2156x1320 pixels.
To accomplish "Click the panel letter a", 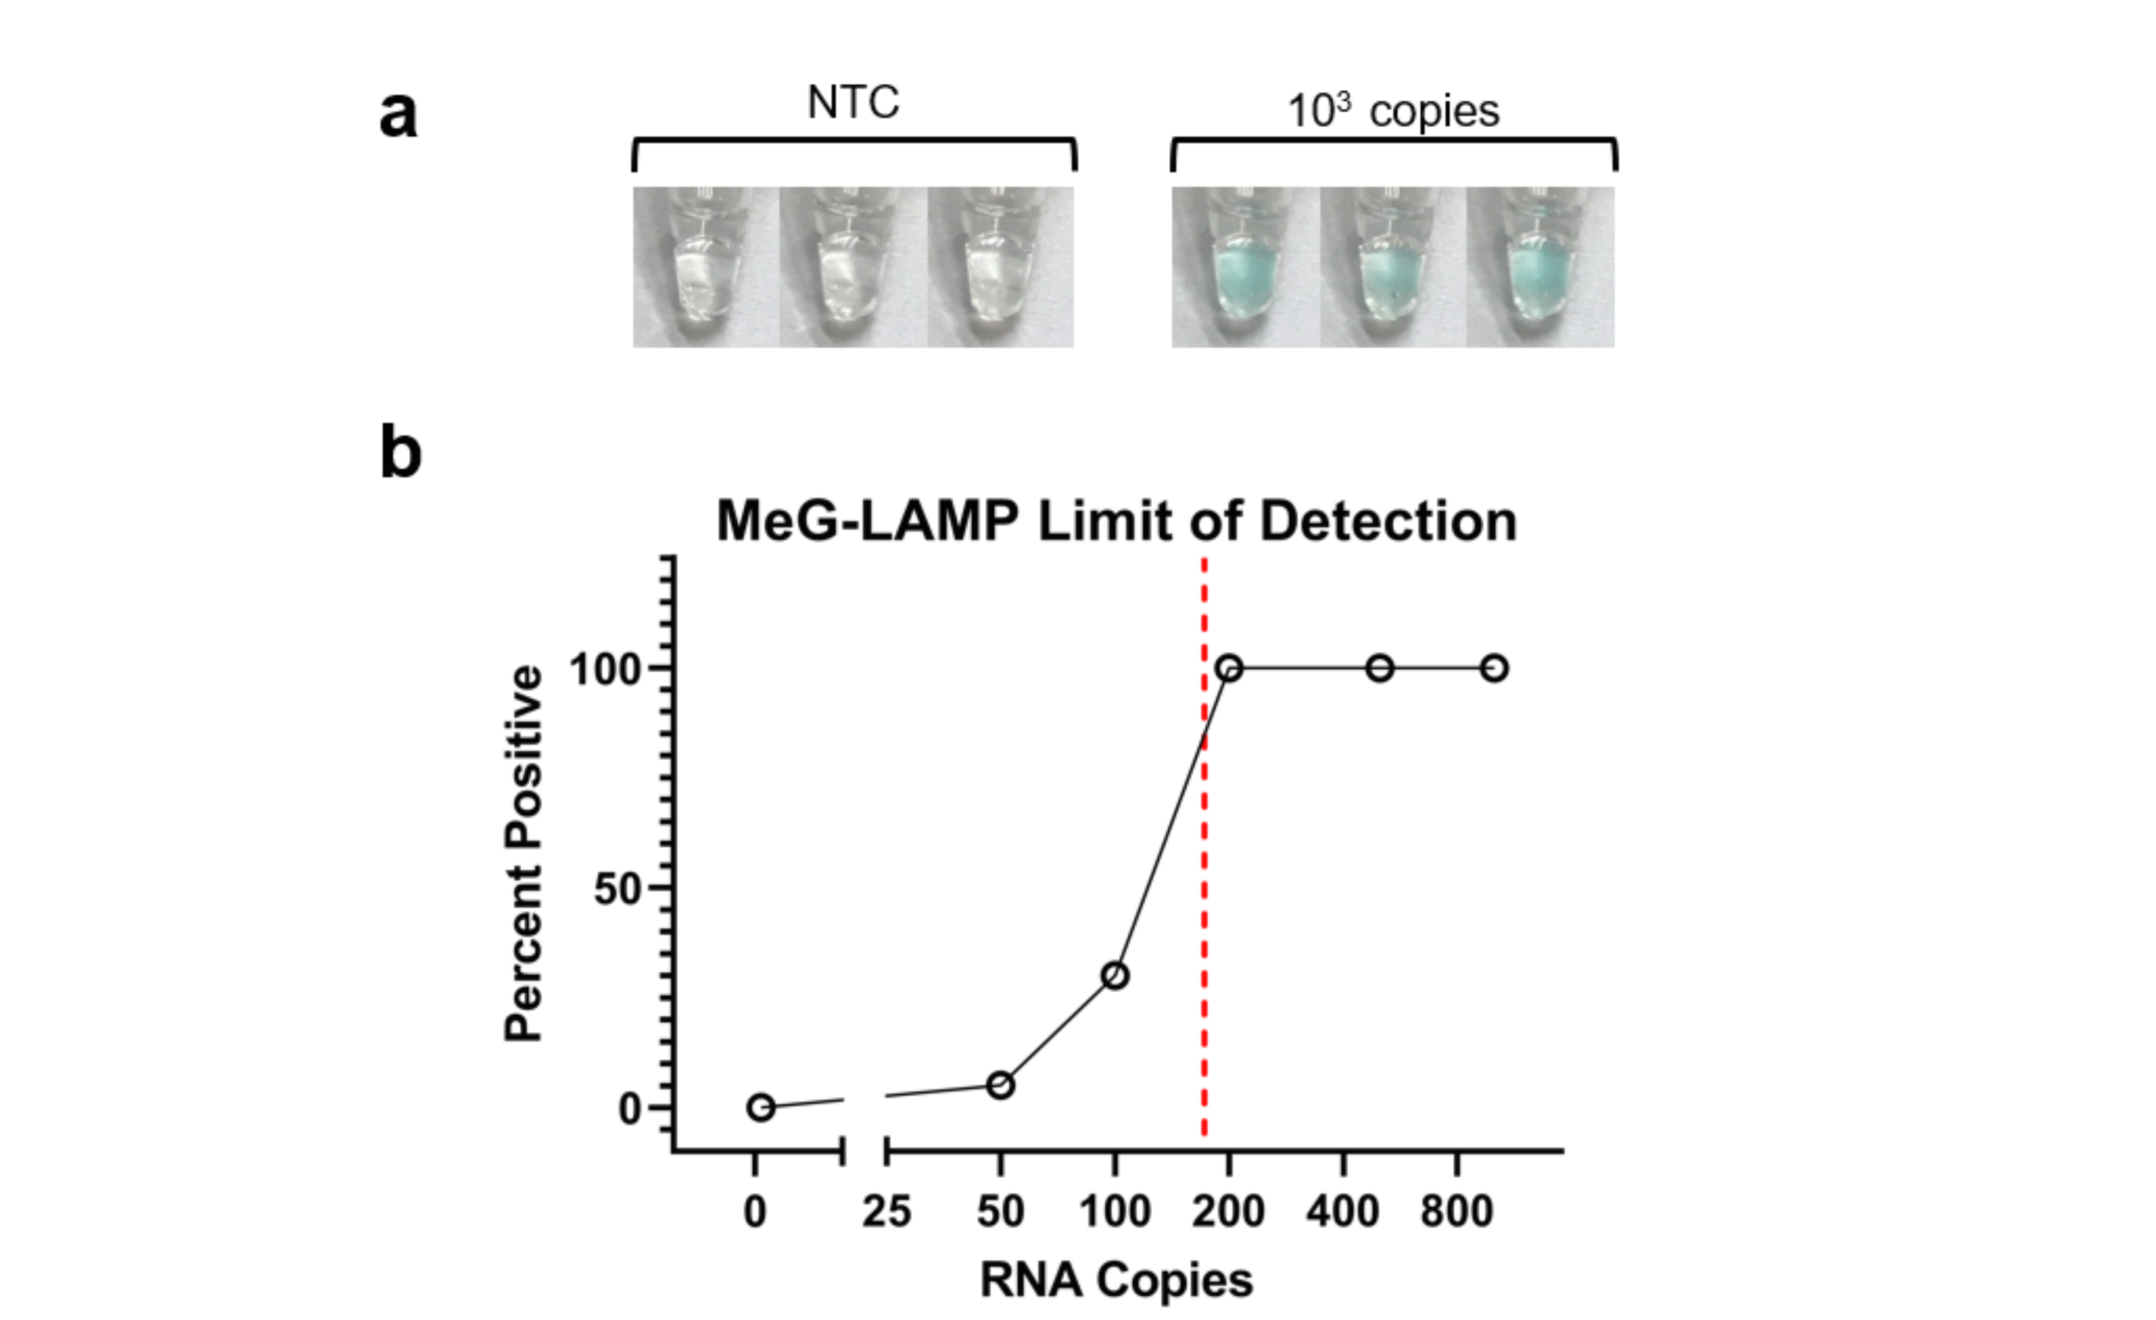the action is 399,115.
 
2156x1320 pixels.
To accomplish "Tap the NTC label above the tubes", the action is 853,102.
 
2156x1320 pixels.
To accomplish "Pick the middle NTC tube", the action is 853,267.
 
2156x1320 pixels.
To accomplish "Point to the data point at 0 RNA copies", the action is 761,1107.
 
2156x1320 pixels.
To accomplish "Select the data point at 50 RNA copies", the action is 1001,1085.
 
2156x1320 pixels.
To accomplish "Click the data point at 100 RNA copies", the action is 1115,975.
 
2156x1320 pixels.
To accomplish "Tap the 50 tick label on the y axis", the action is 618,889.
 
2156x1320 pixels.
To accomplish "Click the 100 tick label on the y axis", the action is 605,670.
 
